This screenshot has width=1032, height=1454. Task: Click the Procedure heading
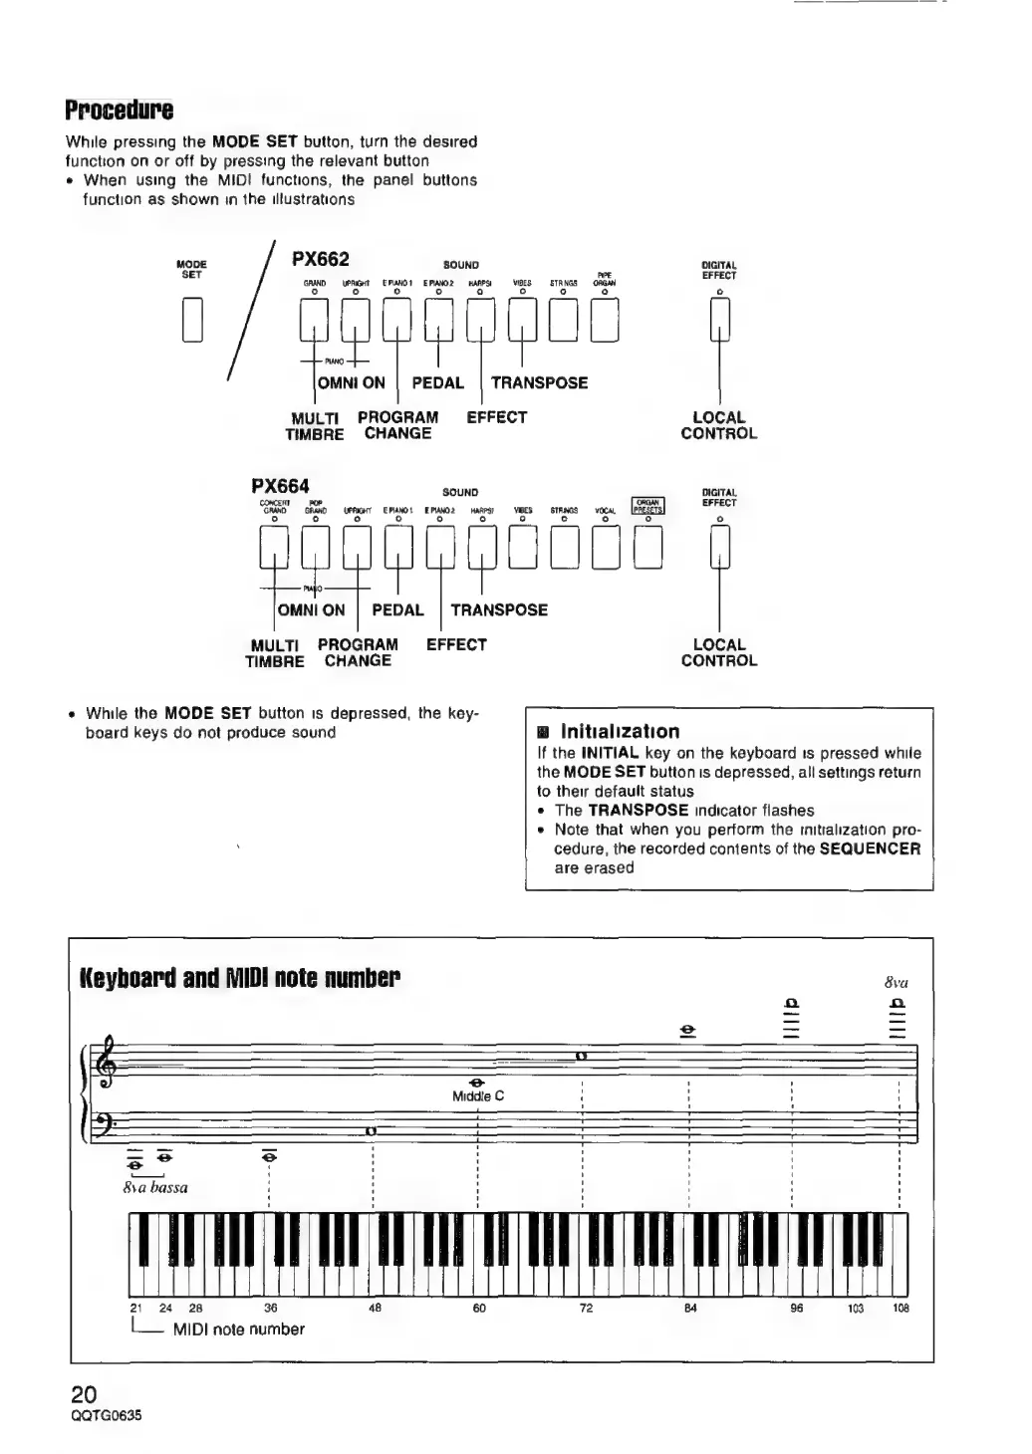[119, 109]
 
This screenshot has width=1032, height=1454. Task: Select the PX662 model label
[320, 260]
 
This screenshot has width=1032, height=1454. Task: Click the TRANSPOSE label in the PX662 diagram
[539, 382]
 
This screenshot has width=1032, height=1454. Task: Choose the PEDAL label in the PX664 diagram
[397, 609]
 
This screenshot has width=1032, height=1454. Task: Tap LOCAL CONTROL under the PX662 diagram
[718, 425]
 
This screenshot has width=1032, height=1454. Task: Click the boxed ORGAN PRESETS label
[646, 506]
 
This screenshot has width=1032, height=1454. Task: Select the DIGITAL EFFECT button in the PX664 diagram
[719, 547]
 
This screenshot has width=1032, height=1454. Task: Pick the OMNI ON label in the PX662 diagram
[351, 382]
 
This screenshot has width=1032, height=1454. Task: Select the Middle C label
[478, 1096]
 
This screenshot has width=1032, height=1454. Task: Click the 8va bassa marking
[154, 1187]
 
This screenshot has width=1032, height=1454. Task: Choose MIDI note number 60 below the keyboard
[479, 1309]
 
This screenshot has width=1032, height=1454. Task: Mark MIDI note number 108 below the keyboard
[901, 1309]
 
